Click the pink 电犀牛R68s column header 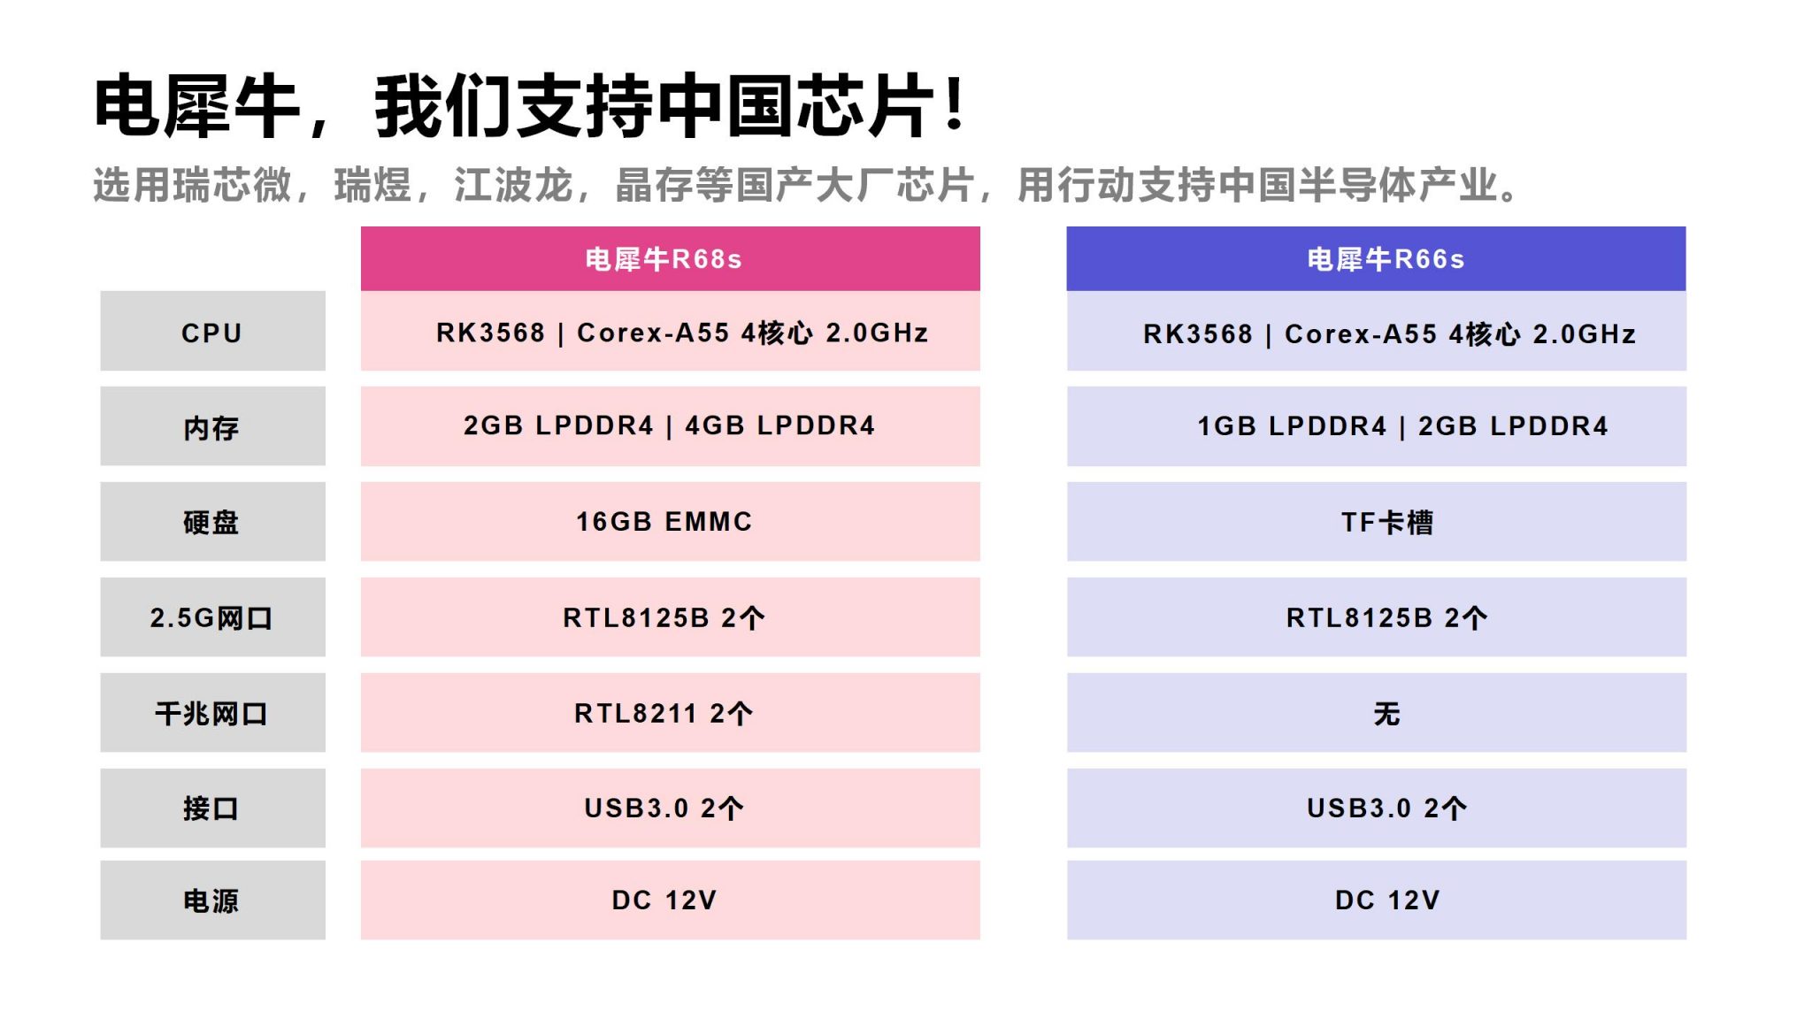point(670,258)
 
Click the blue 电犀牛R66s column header point(1376,258)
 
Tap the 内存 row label point(212,426)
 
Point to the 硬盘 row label point(212,522)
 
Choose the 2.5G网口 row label point(212,617)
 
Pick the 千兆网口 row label point(212,713)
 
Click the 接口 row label point(212,808)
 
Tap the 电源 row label point(212,900)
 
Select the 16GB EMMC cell point(670,522)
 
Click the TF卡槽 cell point(1376,522)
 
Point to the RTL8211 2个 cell point(670,713)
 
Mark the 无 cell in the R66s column point(1376,713)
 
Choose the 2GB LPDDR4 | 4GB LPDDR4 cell point(670,426)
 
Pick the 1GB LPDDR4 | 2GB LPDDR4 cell point(1376,426)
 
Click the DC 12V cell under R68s point(670,900)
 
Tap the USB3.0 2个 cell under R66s point(1376,808)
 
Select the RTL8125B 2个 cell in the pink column point(670,617)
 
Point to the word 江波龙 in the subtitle point(513,185)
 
